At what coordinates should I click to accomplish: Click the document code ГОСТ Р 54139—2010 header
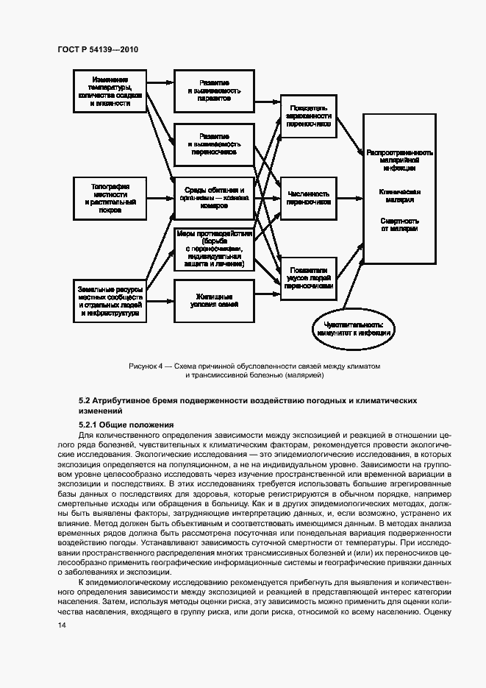tap(97, 49)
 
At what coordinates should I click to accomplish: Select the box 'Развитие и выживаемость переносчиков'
tap(214, 144)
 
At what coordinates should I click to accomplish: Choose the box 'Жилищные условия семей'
tap(214, 301)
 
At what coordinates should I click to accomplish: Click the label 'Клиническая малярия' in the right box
tap(399, 194)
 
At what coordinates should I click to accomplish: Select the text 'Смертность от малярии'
tap(399, 224)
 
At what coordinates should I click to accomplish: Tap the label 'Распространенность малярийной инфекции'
tap(399, 160)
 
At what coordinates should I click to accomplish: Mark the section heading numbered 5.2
tap(248, 405)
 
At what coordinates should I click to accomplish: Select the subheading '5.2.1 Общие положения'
tap(126, 425)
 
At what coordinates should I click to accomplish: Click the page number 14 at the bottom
tap(61, 625)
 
